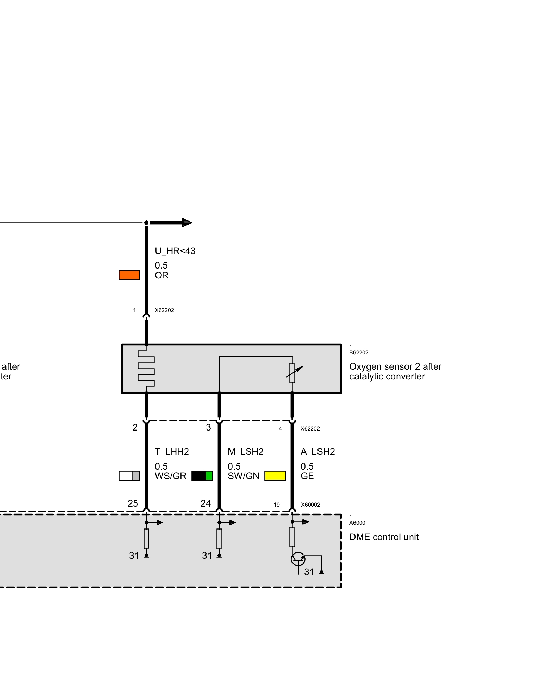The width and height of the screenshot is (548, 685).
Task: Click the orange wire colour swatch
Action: (x=129, y=275)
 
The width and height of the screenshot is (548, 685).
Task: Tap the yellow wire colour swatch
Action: (x=275, y=476)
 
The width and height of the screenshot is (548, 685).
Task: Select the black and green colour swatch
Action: (x=202, y=476)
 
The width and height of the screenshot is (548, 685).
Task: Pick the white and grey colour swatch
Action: (x=129, y=476)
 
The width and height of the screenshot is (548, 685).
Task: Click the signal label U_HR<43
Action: (x=175, y=251)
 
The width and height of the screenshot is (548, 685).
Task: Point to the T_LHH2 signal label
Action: (x=172, y=452)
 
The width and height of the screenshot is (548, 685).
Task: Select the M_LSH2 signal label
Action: (x=246, y=452)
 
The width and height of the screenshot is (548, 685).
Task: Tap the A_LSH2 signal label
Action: (x=318, y=452)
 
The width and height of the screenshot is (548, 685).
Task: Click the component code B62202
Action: (x=359, y=352)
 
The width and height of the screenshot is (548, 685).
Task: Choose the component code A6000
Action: (x=357, y=523)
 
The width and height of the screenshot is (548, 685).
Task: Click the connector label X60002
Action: (x=311, y=505)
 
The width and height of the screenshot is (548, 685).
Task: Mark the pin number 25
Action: (x=133, y=503)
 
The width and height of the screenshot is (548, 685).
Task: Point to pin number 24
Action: (x=206, y=503)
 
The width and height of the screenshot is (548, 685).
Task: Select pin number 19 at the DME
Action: (x=277, y=505)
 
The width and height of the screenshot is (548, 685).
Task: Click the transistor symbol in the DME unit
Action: (x=298, y=559)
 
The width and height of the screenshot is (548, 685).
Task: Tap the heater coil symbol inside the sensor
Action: (x=147, y=368)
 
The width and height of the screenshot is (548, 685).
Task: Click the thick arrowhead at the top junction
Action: (x=187, y=223)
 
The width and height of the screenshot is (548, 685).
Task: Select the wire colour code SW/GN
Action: (x=244, y=476)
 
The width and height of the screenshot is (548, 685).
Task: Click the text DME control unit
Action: (x=384, y=537)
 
